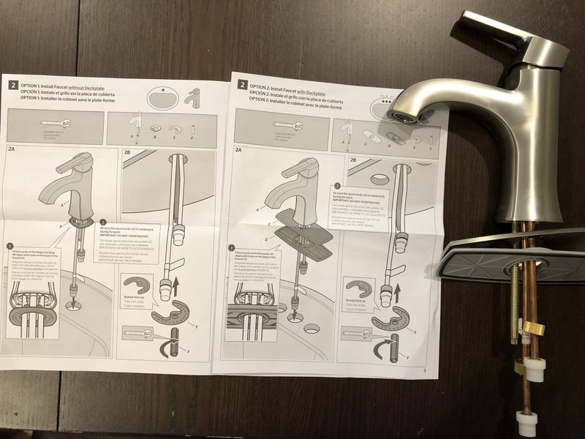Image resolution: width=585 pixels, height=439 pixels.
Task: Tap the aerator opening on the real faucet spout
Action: pos(399,116)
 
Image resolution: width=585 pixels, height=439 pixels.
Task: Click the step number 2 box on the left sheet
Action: pos(13,85)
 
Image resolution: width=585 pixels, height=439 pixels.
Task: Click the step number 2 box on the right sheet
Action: pos(242,85)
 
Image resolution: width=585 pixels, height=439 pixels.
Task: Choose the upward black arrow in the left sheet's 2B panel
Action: pos(175,284)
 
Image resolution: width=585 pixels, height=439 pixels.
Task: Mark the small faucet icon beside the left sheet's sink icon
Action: pos(193,97)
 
